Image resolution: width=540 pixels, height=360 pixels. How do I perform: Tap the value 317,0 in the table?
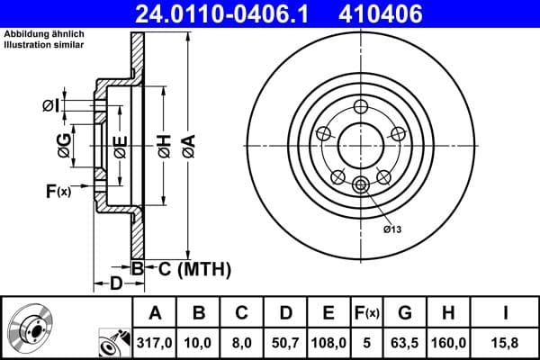pos(155,342)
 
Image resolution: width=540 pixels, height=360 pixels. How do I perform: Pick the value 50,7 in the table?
pos(285,342)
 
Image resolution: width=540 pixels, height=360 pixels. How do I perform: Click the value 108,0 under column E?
pos(328,342)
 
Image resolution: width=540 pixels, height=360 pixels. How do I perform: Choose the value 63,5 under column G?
pos(405,342)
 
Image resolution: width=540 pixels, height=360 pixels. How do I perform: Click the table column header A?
pos(155,313)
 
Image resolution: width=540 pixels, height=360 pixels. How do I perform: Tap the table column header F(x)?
pos(367,313)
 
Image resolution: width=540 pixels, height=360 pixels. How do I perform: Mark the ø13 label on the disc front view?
pos(392,229)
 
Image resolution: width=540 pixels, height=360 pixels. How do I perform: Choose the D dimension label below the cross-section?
pos(115,284)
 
